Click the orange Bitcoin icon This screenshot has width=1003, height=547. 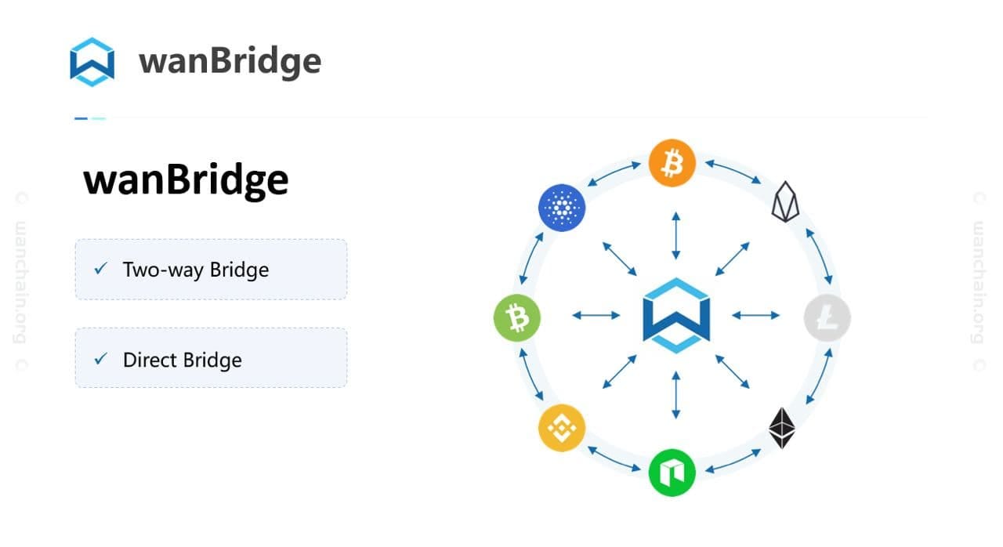point(672,163)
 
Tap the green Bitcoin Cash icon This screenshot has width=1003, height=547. point(516,317)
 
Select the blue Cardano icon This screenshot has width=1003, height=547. point(562,207)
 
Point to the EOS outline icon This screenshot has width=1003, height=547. point(784,202)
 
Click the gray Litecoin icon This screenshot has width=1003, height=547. point(827,317)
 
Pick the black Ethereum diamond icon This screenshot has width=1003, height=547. point(782,428)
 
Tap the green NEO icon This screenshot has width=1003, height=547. point(672,472)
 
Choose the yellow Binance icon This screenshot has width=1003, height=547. point(561,428)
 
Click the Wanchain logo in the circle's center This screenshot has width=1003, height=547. point(675,315)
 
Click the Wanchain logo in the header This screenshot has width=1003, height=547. point(92,61)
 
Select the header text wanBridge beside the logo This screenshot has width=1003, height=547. point(230,61)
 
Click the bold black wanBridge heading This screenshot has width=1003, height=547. point(186,180)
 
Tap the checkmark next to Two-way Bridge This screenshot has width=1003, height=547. point(100,269)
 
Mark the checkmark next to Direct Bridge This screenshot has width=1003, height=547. point(100,359)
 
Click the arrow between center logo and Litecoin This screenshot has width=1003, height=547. point(755,315)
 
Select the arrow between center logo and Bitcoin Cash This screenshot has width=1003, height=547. point(596,315)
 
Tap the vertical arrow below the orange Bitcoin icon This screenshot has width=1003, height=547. point(675,235)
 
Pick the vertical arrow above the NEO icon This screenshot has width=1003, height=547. point(675,395)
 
